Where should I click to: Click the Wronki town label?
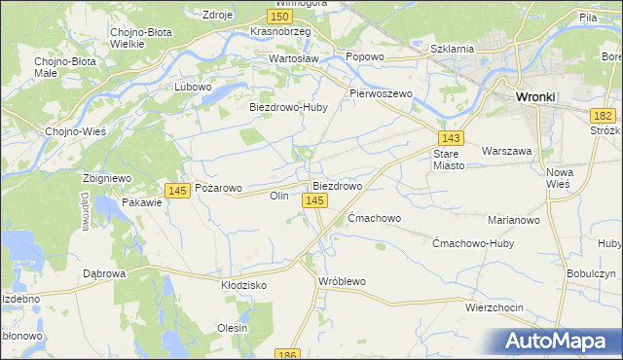pos(535,97)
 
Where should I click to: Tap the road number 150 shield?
pos(280,17)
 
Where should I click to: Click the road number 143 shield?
pos(450,139)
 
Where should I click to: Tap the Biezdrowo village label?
pos(337,185)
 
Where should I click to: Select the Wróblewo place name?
pos(342,281)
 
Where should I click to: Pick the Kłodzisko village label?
pos(244,285)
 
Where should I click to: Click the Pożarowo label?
pos(218,188)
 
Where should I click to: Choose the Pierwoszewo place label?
pos(382,93)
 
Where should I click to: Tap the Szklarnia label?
pos(452,48)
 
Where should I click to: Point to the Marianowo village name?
pos(514,220)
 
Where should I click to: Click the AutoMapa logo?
pos(560,342)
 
